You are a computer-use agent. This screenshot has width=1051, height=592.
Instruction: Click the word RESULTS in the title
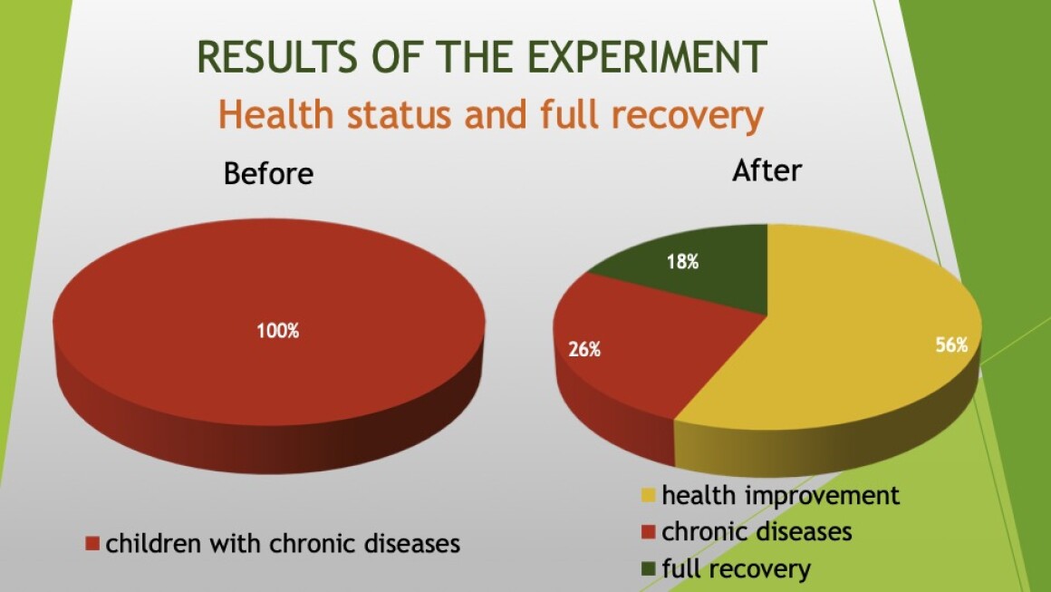click(x=278, y=57)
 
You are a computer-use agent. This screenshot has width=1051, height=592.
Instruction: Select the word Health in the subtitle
click(x=276, y=114)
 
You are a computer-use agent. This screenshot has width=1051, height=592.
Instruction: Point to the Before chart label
click(x=269, y=174)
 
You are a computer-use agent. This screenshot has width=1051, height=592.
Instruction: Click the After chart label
click(x=767, y=170)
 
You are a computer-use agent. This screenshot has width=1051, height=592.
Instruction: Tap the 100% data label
click(x=278, y=331)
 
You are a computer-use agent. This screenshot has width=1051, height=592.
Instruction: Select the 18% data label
click(x=683, y=261)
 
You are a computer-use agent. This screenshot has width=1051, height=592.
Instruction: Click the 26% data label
click(x=584, y=349)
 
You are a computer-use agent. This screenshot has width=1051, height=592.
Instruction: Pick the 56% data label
click(x=952, y=345)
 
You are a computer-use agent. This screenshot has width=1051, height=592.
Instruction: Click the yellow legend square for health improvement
click(x=648, y=496)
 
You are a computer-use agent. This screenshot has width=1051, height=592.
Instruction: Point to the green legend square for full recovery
click(x=648, y=569)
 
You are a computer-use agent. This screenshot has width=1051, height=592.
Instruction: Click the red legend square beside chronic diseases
click(x=648, y=532)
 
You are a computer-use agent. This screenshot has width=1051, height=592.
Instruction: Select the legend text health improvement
click(x=780, y=496)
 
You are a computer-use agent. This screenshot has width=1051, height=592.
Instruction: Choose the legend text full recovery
click(x=736, y=569)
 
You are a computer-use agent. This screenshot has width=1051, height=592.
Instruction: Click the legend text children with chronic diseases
click(x=283, y=543)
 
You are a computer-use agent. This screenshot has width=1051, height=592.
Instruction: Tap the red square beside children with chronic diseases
click(x=92, y=543)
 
